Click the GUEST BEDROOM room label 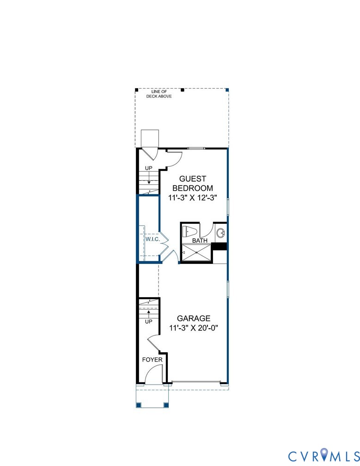pos(193,183)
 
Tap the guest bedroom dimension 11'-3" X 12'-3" pos(193,197)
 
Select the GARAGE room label pos(194,318)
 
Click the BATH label pos(200,240)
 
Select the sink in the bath pos(221,232)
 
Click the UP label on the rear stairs pos(148,168)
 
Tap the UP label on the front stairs pos(148,321)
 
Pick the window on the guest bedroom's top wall pos(196,148)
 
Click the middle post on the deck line pos(182,90)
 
